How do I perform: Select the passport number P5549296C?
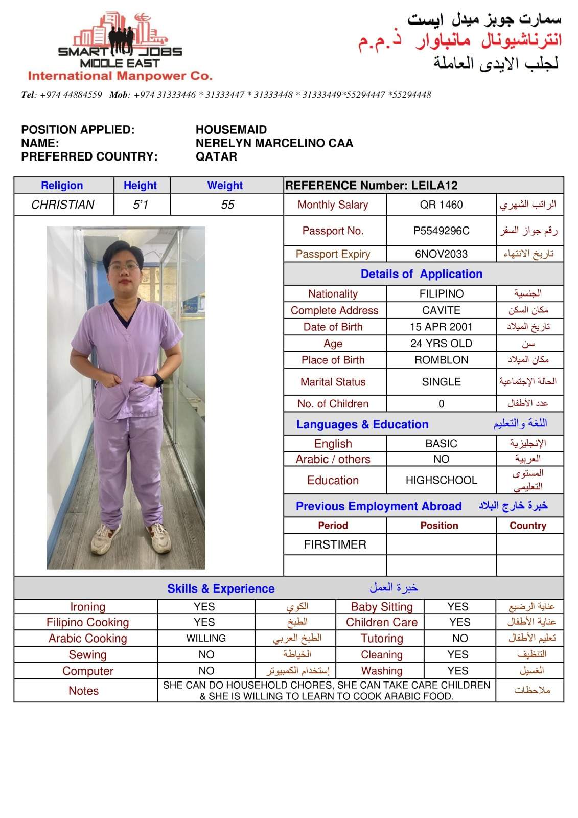(x=441, y=231)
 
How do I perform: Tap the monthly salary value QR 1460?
(x=441, y=204)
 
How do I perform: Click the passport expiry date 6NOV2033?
(x=441, y=254)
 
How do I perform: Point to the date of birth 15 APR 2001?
(x=441, y=327)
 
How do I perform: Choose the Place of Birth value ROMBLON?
(x=441, y=360)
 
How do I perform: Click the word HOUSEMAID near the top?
(x=231, y=130)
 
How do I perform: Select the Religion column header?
(x=62, y=186)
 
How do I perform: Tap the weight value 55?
(x=227, y=204)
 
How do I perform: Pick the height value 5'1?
(x=141, y=204)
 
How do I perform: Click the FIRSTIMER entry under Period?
(x=335, y=544)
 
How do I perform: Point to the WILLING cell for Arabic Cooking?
(x=206, y=639)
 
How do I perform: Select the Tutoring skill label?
(x=382, y=639)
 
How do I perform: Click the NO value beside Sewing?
(x=206, y=655)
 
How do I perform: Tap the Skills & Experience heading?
(x=221, y=588)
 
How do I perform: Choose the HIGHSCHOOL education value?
(x=441, y=480)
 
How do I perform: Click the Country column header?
(x=528, y=526)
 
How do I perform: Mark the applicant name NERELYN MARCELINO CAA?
(x=274, y=143)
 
